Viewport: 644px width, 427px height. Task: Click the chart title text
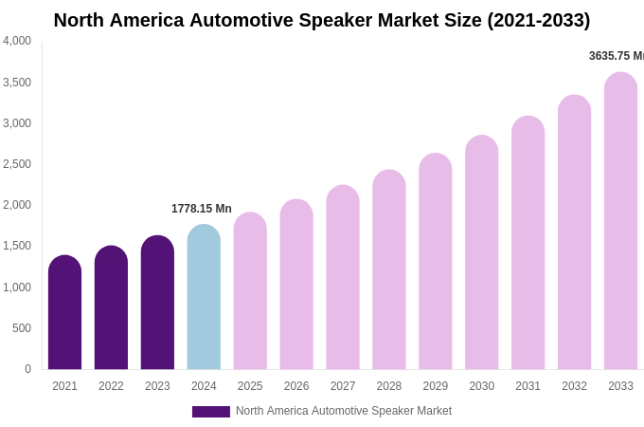click(321, 20)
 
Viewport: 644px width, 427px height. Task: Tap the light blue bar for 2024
click(204, 298)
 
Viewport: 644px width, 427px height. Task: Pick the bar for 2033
click(620, 222)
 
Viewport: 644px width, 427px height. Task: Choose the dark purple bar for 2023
click(157, 304)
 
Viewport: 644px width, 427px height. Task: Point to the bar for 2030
click(481, 253)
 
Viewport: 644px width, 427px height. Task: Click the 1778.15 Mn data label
click(201, 209)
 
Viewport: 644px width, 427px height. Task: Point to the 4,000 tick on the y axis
click(17, 41)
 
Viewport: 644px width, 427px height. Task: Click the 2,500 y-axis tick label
click(17, 164)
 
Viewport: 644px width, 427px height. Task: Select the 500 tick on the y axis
click(21, 328)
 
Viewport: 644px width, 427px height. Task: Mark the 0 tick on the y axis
click(27, 369)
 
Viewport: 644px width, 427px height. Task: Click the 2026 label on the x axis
click(296, 386)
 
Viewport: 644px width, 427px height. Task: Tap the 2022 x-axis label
click(111, 386)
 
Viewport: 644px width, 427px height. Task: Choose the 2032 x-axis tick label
click(574, 386)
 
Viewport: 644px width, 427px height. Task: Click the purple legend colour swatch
click(210, 412)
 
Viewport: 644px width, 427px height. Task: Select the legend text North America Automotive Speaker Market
click(343, 411)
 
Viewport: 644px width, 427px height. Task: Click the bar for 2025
click(250, 291)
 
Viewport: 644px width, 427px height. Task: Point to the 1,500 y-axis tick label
click(17, 246)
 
